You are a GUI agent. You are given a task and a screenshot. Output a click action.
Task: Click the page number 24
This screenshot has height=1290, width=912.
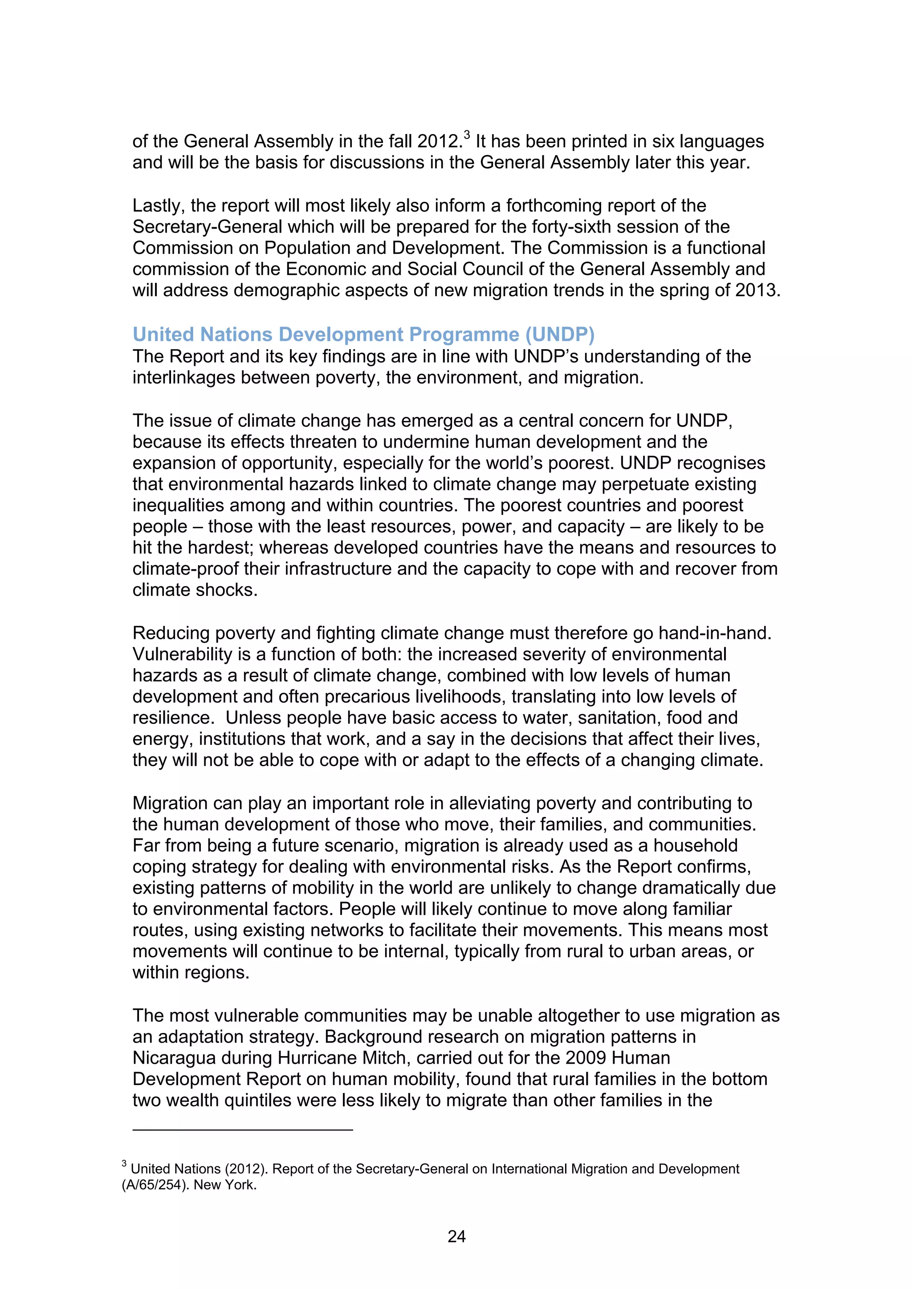[456, 1236]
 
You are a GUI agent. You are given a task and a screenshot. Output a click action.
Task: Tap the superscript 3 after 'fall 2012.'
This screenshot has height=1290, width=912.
[467, 134]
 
